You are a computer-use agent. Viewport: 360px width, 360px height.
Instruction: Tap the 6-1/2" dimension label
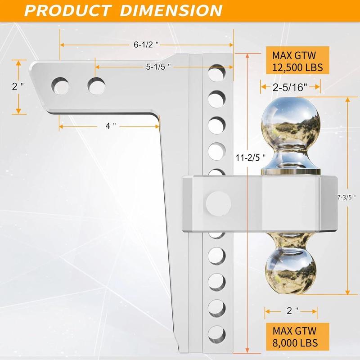147,45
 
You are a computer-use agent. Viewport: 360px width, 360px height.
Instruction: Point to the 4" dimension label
111,126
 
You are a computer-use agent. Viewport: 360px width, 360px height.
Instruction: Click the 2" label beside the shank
18,86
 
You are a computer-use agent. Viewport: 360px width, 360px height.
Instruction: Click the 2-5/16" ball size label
290,87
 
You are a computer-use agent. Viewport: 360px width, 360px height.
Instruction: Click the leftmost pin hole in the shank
60,85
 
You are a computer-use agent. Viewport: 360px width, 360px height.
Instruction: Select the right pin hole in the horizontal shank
96,85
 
